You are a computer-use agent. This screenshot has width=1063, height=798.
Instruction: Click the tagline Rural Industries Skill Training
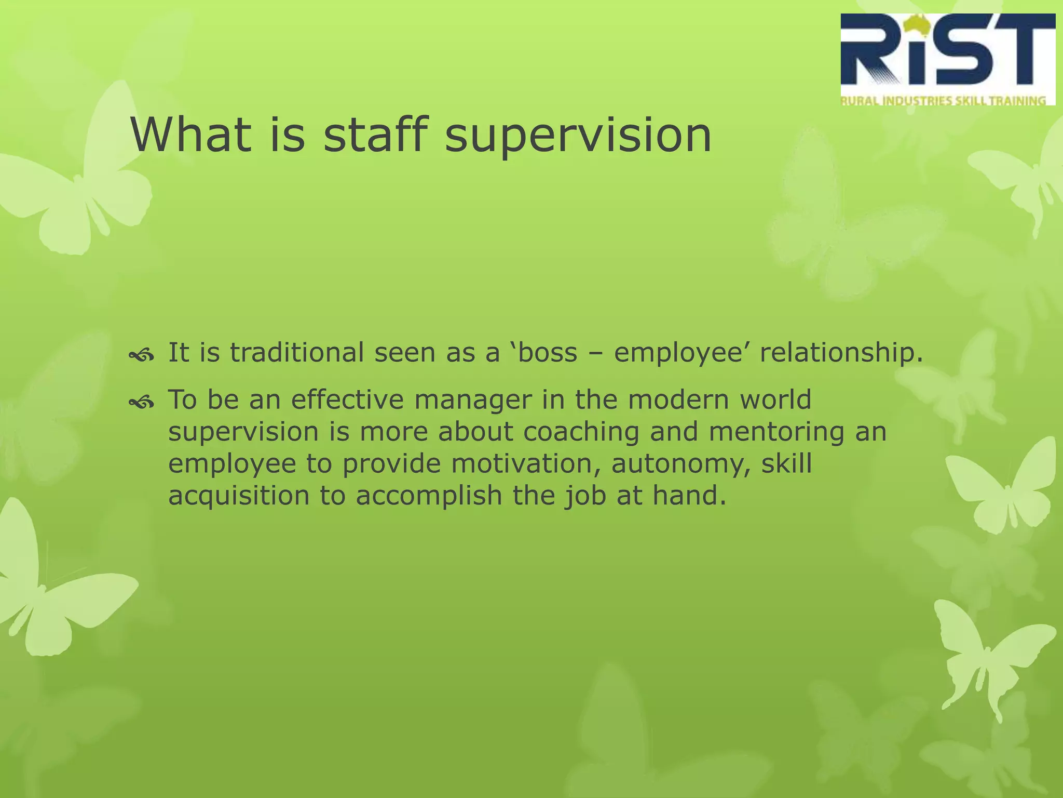click(943, 101)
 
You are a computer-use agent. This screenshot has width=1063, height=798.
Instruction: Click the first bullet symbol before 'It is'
click(141, 355)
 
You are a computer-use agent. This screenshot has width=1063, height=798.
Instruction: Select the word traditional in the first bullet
click(296, 353)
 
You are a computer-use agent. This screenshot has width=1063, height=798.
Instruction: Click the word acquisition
click(239, 496)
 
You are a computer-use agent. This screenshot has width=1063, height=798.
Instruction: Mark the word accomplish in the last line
click(429, 496)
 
